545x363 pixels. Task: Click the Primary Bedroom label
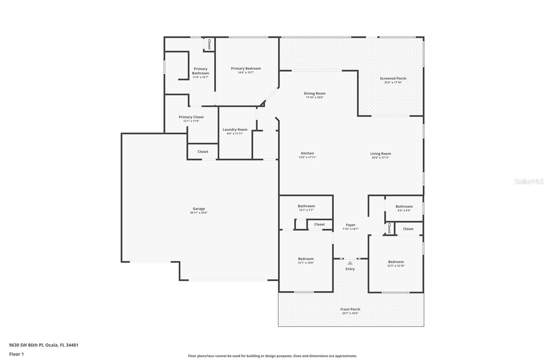[246, 68]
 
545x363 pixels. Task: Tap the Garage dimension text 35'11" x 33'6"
[199, 213]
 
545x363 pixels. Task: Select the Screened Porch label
[393, 78]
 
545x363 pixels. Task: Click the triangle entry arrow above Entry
[350, 263]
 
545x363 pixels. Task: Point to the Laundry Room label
[235, 129]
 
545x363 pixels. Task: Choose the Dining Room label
[314, 93]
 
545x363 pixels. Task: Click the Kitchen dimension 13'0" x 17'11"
[307, 157]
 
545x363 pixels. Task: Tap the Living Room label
[380, 154]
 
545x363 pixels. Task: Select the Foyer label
[351, 225]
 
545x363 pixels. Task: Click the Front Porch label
[350, 309]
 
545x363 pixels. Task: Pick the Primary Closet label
[191, 117]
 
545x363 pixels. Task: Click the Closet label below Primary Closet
[203, 152]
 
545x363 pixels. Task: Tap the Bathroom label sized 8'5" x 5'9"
[404, 206]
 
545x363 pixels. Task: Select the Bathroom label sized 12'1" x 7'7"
[306, 206]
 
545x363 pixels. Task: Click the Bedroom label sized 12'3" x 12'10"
[396, 262]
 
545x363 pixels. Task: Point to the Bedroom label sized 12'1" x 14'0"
[306, 259]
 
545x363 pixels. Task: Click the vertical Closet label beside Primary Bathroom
[209, 44]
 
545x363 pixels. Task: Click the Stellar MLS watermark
[529, 181]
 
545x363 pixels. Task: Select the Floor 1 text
[16, 354]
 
